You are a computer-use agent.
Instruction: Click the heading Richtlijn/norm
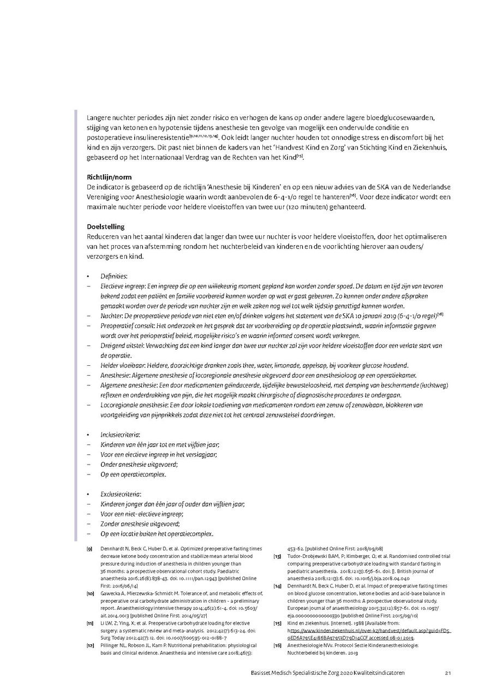click(109, 177)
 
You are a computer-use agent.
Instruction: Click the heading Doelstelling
click(106, 227)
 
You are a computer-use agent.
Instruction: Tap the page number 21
click(447, 673)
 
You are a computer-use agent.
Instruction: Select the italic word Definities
click(113, 277)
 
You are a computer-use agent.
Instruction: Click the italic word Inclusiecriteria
click(120, 435)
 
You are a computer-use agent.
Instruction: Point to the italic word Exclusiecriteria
click(121, 494)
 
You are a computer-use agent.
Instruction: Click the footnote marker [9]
click(89, 549)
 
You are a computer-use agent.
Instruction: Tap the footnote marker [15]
click(277, 623)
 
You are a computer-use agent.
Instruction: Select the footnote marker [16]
click(277, 645)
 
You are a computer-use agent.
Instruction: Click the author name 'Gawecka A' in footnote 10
click(114, 592)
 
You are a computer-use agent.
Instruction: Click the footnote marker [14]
click(277, 586)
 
